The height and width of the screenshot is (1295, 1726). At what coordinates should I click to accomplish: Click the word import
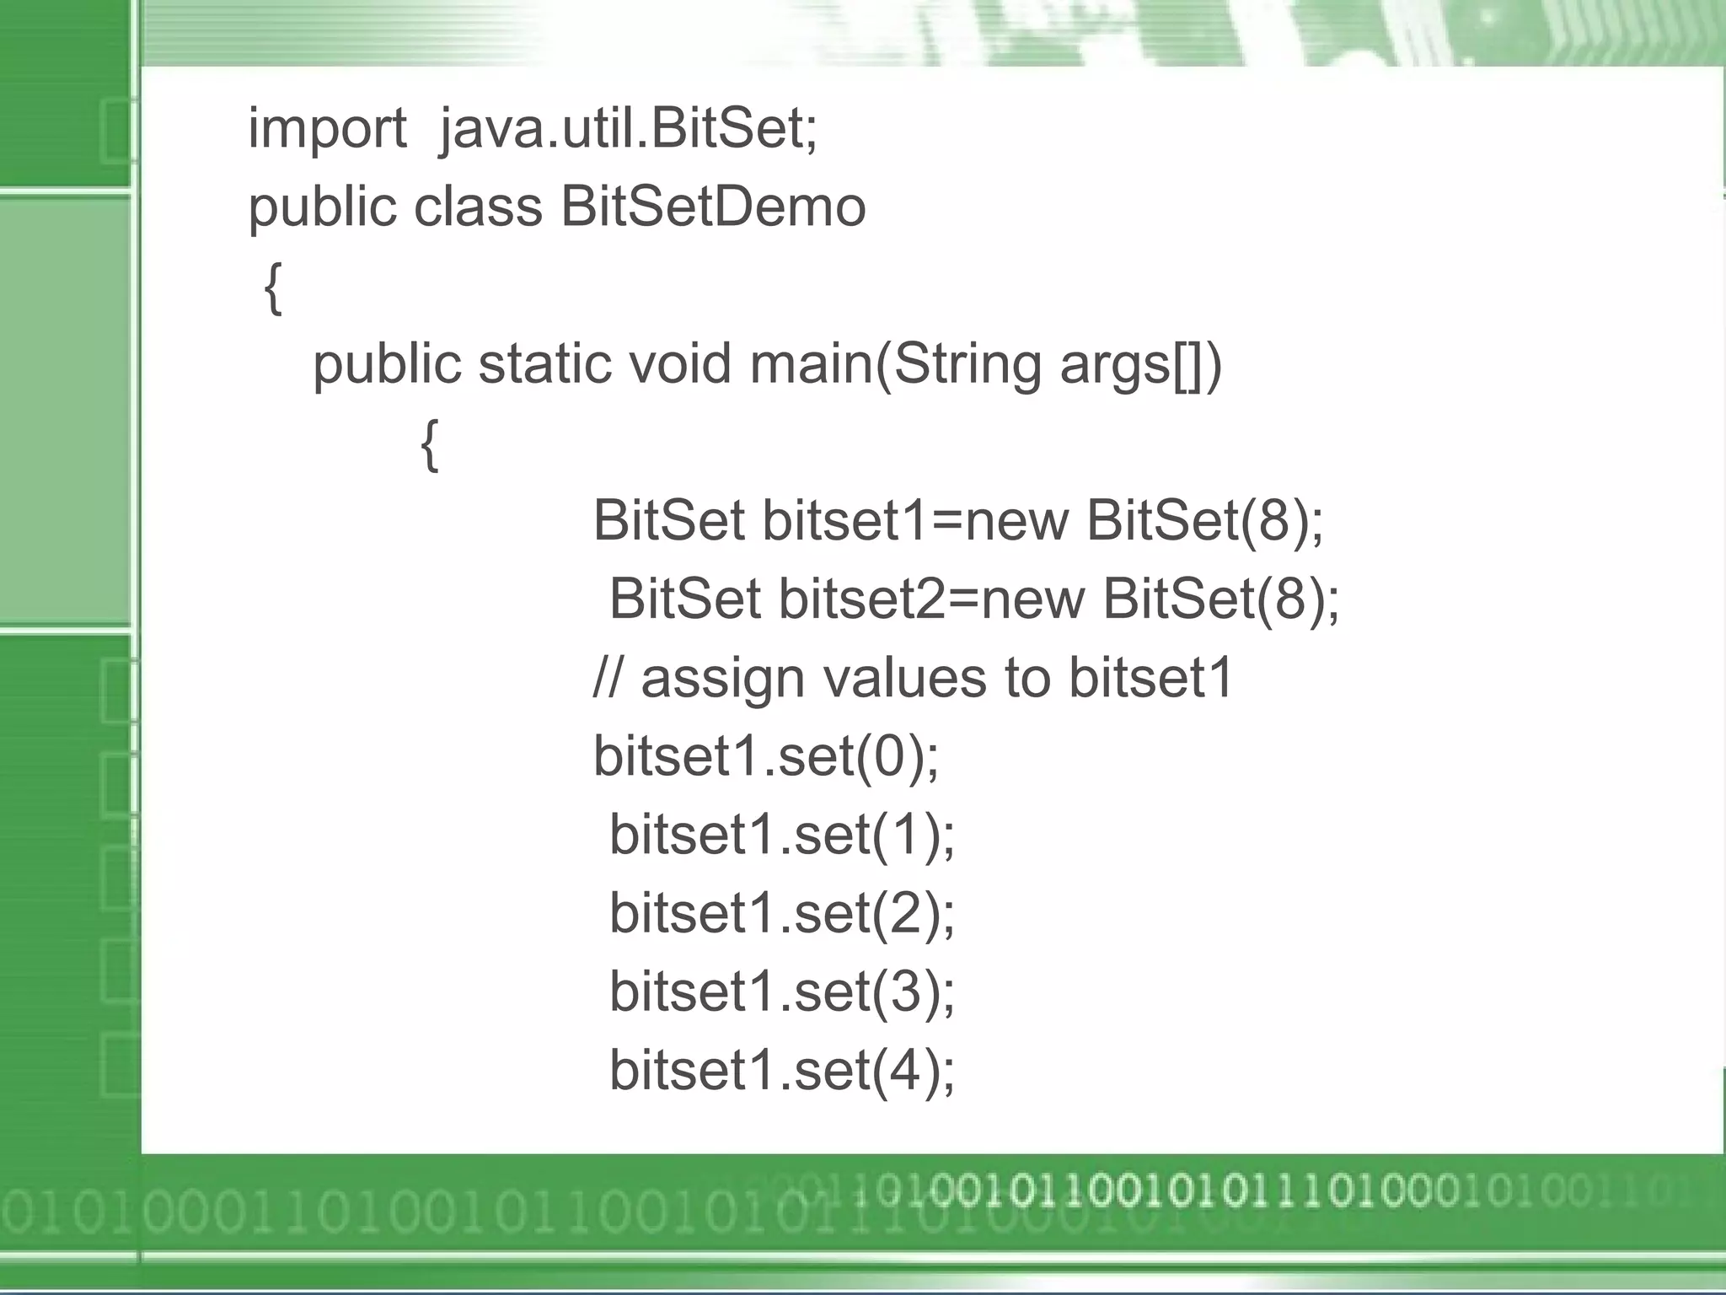tap(327, 131)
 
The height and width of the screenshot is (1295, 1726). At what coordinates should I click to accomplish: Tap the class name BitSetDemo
tap(713, 207)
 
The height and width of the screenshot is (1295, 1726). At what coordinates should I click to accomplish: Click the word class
tap(478, 207)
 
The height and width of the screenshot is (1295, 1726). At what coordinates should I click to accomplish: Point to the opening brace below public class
tap(272, 287)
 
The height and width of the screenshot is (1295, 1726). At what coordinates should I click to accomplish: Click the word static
tap(544, 364)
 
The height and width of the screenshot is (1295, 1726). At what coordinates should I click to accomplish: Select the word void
tap(679, 364)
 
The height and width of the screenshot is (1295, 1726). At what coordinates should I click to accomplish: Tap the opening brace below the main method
tap(429, 444)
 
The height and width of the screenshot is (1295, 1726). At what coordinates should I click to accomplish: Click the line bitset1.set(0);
tap(765, 756)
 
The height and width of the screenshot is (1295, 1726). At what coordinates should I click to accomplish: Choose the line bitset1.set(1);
tap(781, 835)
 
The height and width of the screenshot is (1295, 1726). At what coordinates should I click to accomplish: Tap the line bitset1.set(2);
tap(781, 913)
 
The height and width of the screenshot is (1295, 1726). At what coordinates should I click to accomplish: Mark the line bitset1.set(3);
tap(781, 991)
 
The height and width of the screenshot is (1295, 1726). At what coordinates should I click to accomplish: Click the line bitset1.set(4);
tap(781, 1070)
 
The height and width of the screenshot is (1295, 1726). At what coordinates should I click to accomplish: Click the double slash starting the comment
tap(608, 678)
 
